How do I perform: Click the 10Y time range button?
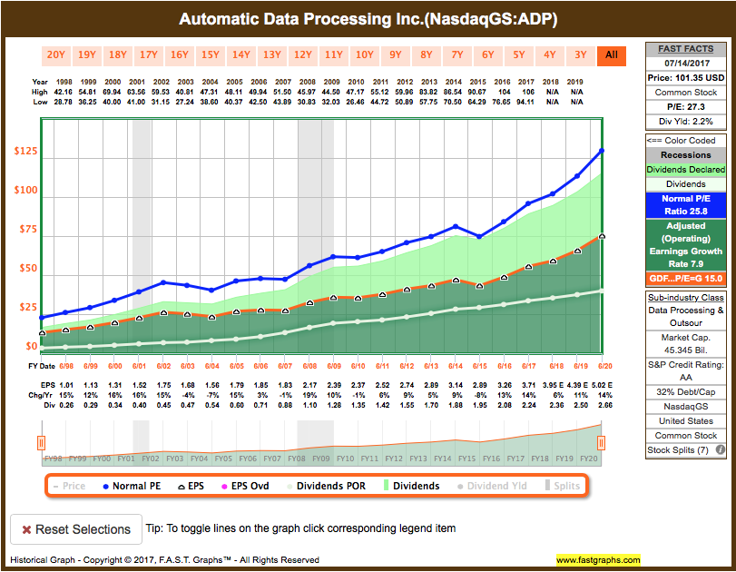tap(365, 54)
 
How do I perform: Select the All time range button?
tap(611, 54)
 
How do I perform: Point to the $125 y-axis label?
tap(25, 150)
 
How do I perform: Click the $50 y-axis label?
tap(25, 269)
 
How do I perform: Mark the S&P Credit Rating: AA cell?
tap(685, 370)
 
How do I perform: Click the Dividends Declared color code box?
tap(685, 169)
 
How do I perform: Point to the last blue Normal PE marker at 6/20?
tap(601, 151)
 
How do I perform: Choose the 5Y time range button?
tap(519, 54)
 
